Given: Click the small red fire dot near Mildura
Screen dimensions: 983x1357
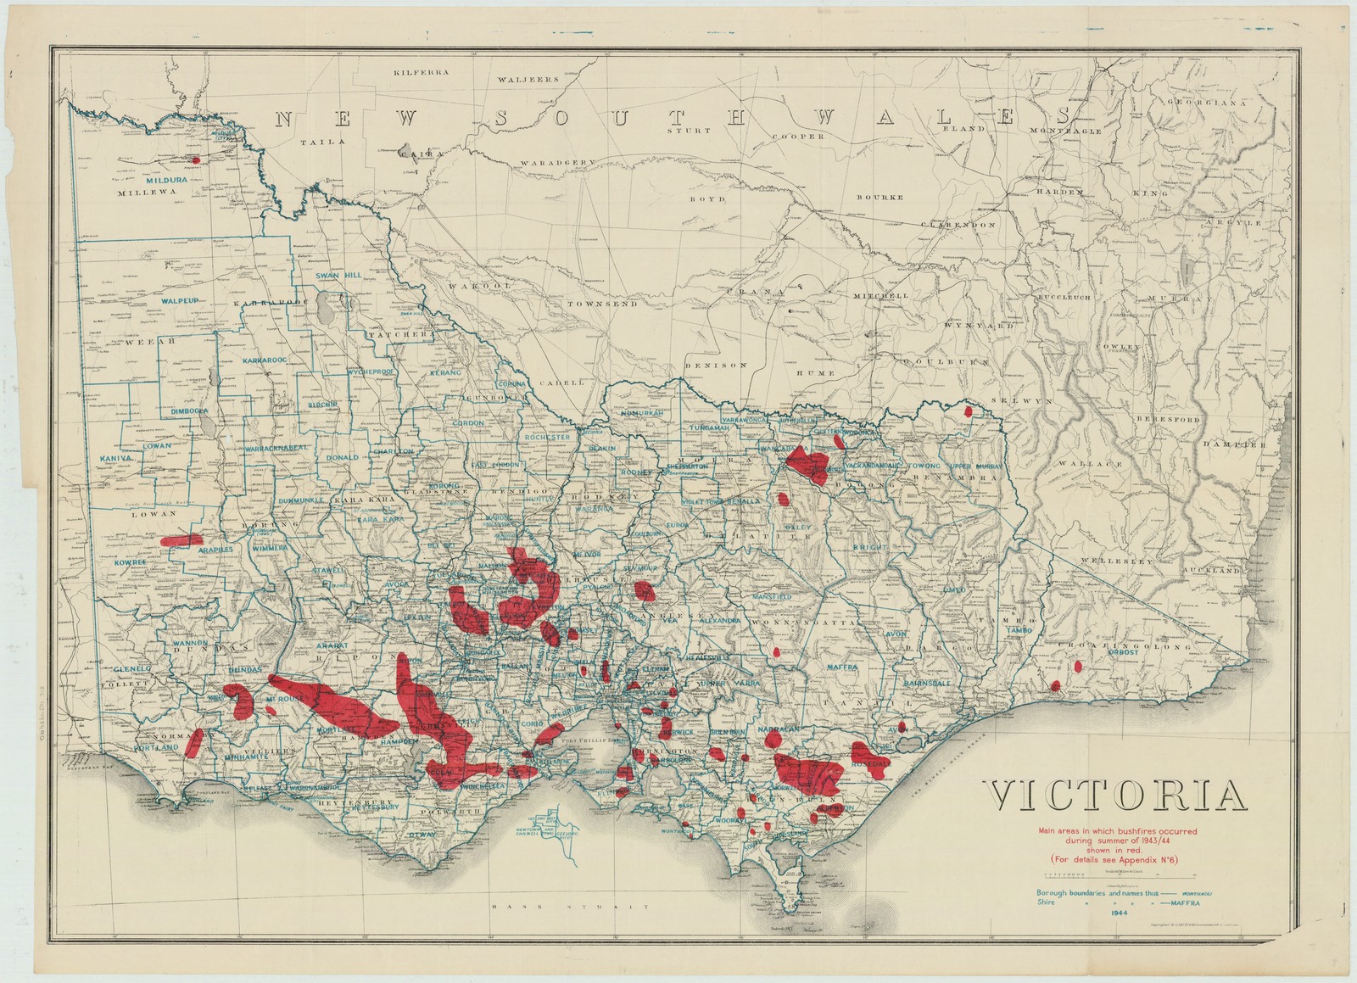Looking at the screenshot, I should pos(196,159).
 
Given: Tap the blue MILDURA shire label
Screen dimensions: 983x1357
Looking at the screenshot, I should pos(141,180).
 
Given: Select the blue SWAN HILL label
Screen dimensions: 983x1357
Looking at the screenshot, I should pos(338,276).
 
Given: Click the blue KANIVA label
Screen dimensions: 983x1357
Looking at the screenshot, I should pos(118,458).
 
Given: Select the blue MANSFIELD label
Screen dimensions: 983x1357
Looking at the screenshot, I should pos(769,597).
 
